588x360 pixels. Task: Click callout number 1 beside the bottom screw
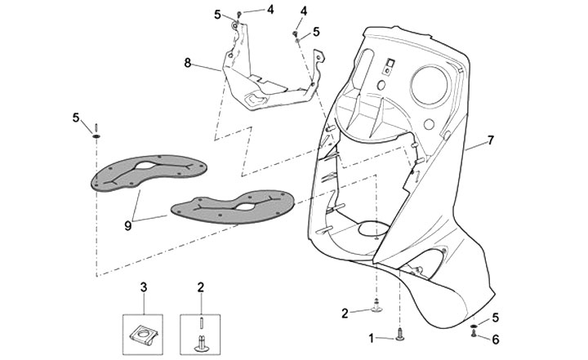point(372,336)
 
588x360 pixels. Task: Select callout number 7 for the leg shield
point(491,142)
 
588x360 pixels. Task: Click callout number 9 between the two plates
point(128,226)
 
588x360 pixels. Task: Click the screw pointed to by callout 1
point(399,333)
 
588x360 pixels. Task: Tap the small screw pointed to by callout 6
point(474,333)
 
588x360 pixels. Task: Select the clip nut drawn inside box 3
point(144,333)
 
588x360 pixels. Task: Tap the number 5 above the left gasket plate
point(76,118)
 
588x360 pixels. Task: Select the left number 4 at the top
point(247,9)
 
